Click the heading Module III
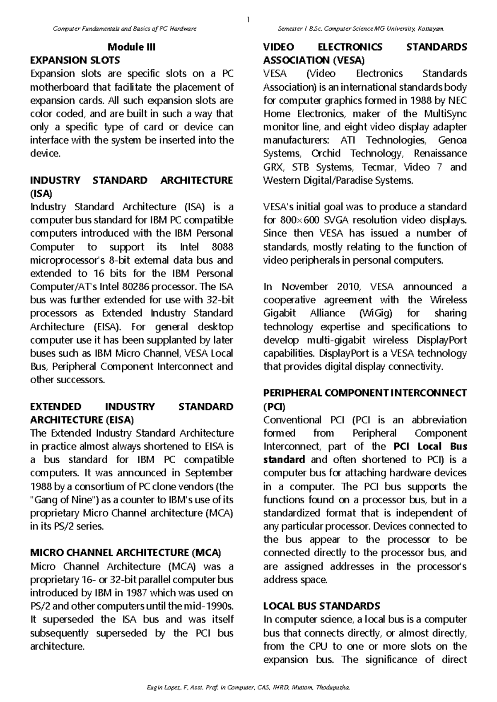[x=131, y=47]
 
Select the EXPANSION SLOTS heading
[x=75, y=60]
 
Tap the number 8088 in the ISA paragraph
[x=222, y=247]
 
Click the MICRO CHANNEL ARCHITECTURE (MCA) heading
[x=126, y=553]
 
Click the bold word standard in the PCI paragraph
[x=284, y=460]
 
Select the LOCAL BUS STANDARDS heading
[x=321, y=606]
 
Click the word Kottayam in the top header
[x=430, y=29]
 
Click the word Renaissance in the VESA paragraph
[x=440, y=154]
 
